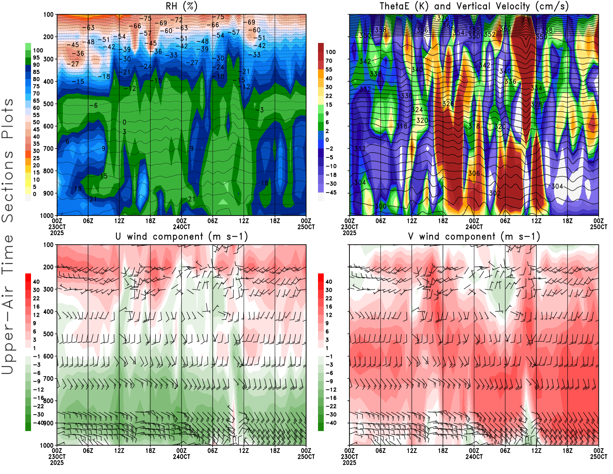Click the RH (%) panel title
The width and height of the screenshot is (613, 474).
click(x=182, y=6)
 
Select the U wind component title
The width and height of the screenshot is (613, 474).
click(x=182, y=236)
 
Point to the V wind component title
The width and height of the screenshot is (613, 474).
click(x=474, y=236)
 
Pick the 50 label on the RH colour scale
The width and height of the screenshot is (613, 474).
click(x=36, y=122)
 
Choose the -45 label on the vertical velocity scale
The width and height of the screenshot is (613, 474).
click(x=331, y=193)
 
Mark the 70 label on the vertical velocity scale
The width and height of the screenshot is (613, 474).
click(x=329, y=61)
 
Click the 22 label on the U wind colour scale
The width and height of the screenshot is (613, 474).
click(x=36, y=298)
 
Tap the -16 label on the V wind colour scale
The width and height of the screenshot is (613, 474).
click(x=331, y=398)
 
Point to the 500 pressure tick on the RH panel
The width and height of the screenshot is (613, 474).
click(x=48, y=104)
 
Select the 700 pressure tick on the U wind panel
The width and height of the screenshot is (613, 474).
click(x=48, y=379)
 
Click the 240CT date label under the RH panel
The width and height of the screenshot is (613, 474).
click(x=182, y=227)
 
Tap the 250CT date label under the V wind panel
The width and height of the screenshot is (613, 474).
click(x=598, y=456)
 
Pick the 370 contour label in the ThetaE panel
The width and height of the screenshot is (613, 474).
click(x=443, y=18)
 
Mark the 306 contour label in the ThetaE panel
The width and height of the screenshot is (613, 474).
click(x=474, y=173)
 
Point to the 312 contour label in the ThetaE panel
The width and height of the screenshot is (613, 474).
click(x=360, y=148)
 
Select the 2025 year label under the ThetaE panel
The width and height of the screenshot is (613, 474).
click(x=349, y=233)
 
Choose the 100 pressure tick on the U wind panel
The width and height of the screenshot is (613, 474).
click(x=48, y=245)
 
